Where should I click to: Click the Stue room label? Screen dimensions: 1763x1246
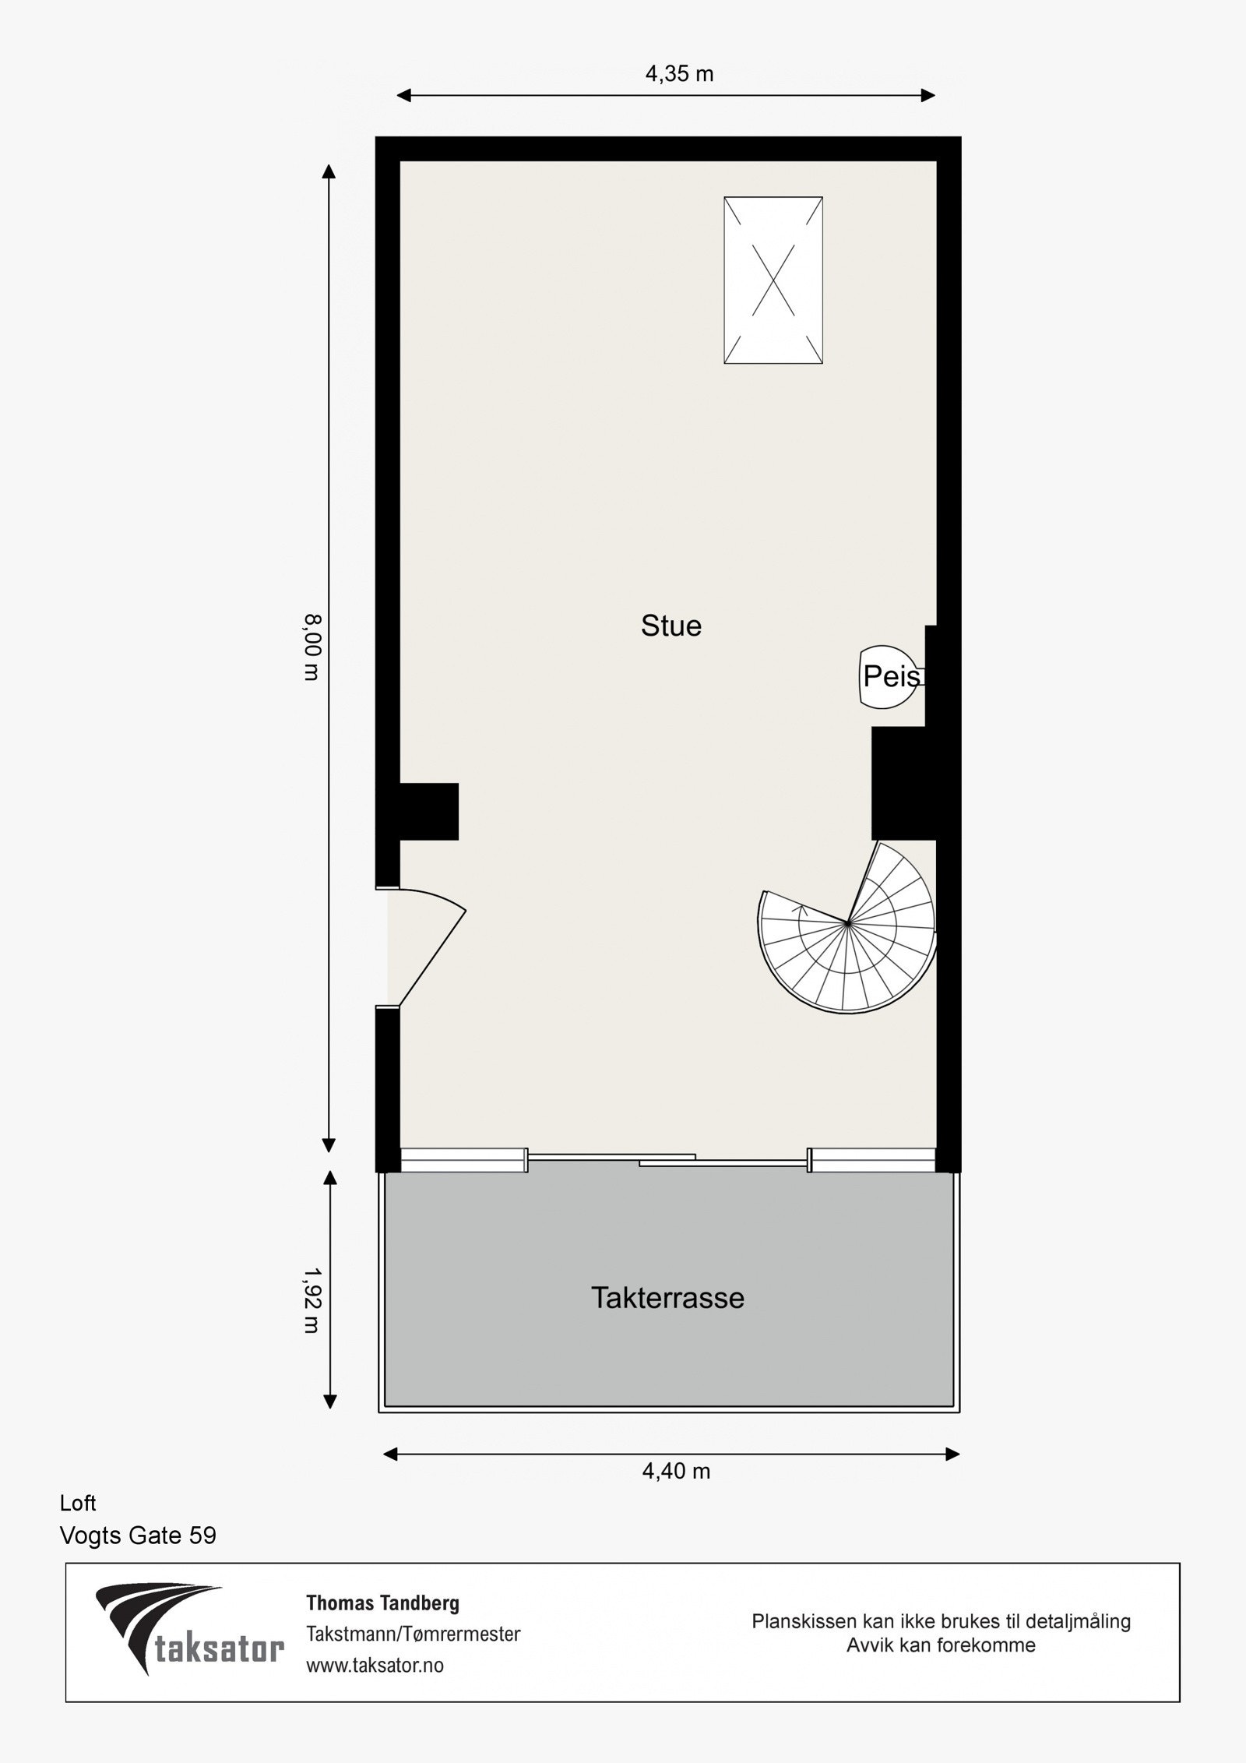[671, 626]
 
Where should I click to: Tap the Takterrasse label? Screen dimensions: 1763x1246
[667, 1298]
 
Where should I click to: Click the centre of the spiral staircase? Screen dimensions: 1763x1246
[848, 924]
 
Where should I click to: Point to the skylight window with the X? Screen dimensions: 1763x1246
[773, 280]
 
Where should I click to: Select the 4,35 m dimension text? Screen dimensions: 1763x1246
[679, 74]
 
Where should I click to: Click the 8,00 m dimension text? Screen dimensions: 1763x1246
[311, 647]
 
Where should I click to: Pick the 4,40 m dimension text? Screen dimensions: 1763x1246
[676, 1471]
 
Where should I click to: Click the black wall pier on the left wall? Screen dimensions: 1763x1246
[428, 811]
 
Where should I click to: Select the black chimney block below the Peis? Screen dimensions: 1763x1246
[903, 783]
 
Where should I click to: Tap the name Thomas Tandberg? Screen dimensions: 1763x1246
[382, 1603]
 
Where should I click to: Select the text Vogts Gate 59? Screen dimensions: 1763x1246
[138, 1536]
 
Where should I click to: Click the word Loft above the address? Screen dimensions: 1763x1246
[78, 1503]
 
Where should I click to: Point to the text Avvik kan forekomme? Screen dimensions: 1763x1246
[941, 1645]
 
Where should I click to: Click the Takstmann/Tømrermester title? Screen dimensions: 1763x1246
[413, 1634]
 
